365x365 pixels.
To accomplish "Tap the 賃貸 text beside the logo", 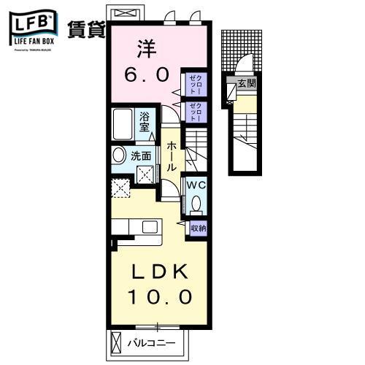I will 86,30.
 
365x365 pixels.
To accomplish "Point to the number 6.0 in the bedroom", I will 150,74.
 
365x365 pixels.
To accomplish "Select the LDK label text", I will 162,272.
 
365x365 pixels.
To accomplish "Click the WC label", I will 196,185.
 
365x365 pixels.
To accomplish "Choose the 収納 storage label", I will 197,228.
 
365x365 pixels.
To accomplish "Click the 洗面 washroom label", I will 141,155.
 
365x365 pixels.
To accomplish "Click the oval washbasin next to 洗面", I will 118,155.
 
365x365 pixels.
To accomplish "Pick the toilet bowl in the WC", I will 195,207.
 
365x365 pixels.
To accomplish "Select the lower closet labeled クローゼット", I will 195,112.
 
